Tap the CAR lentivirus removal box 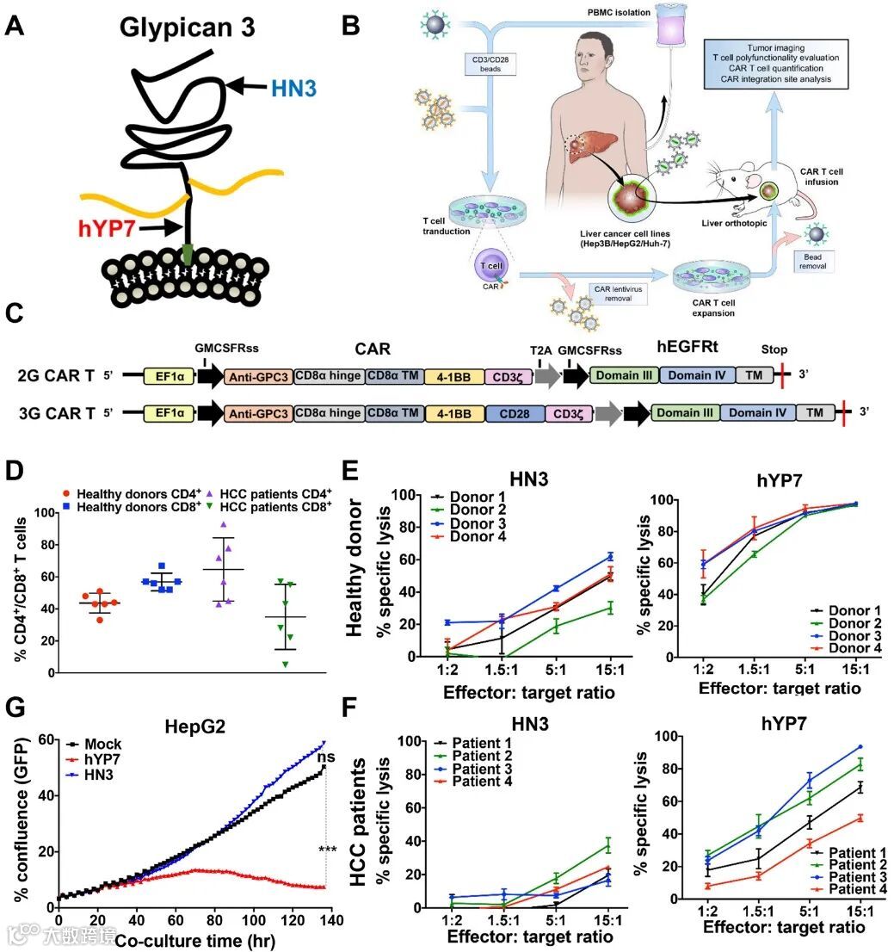coord(615,293)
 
